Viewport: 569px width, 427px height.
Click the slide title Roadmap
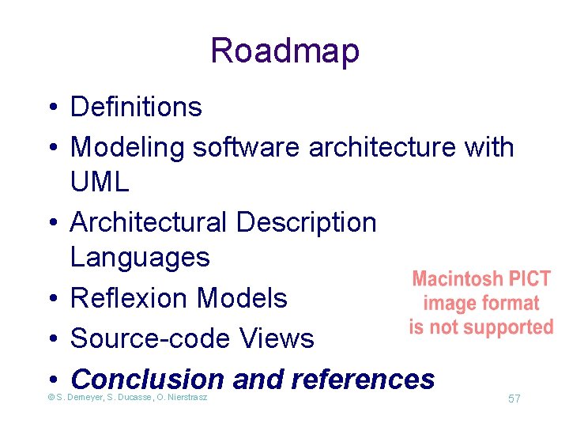pyautogui.click(x=284, y=51)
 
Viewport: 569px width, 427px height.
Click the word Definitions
pyautogui.click(x=136, y=107)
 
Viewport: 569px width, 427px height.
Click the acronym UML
pyautogui.click(x=100, y=183)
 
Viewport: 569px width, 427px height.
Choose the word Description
pyautogui.click(x=306, y=222)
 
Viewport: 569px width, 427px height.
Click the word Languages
pyautogui.click(x=140, y=257)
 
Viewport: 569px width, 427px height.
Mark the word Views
pyautogui.click(x=278, y=338)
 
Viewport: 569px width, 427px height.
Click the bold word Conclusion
pyautogui.click(x=147, y=380)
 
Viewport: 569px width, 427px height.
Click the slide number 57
pyautogui.click(x=514, y=399)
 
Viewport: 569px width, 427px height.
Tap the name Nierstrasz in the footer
pyautogui.click(x=183, y=397)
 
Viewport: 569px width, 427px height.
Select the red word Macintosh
pyautogui.click(x=458, y=279)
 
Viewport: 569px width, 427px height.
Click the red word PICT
pyautogui.click(x=529, y=279)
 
